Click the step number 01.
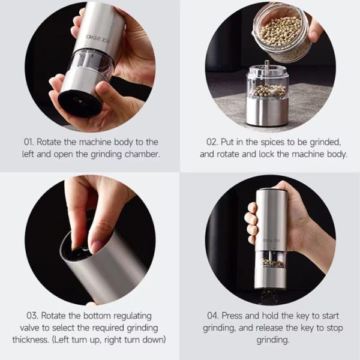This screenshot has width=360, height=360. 28,142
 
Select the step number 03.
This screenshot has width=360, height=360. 32,316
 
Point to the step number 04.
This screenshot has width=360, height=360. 213,316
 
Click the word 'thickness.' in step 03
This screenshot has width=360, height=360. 31,340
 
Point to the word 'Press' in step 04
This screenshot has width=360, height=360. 232,316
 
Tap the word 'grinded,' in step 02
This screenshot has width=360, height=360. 325,142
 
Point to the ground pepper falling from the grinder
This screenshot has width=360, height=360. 269,296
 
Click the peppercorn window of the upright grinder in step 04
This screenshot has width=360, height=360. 271,259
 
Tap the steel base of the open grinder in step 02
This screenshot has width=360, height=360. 267,112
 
